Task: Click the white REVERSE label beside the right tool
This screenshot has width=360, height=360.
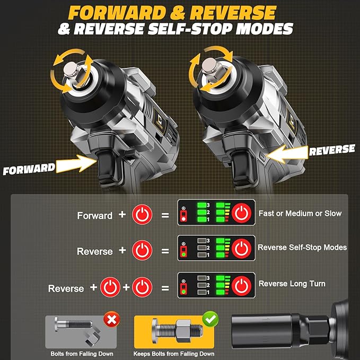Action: [331, 150]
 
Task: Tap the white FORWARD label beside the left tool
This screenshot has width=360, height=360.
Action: [29, 170]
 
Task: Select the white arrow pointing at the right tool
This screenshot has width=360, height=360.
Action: [286, 153]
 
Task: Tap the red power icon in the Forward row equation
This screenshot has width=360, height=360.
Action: [142, 215]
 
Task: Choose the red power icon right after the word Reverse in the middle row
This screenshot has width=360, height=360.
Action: [142, 250]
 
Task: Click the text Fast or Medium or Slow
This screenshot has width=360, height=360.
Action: [300, 213]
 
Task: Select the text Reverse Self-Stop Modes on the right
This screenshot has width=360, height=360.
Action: [302, 247]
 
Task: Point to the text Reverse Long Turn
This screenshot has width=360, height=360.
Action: [292, 284]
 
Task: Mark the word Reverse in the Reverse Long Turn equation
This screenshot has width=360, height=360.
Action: [66, 288]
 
